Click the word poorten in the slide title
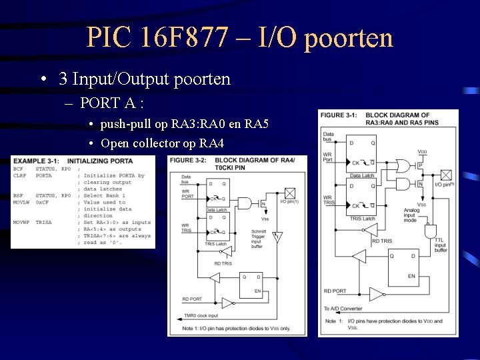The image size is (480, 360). [x=348, y=38]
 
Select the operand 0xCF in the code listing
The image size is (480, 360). [x=43, y=202]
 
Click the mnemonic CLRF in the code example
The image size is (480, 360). [x=20, y=176]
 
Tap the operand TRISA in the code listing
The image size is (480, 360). [x=44, y=222]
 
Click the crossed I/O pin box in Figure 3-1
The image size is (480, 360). [x=446, y=175]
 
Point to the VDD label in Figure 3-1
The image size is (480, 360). [x=423, y=151]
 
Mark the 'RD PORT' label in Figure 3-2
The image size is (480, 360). [x=192, y=299]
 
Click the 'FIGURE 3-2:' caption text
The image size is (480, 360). [x=187, y=161]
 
